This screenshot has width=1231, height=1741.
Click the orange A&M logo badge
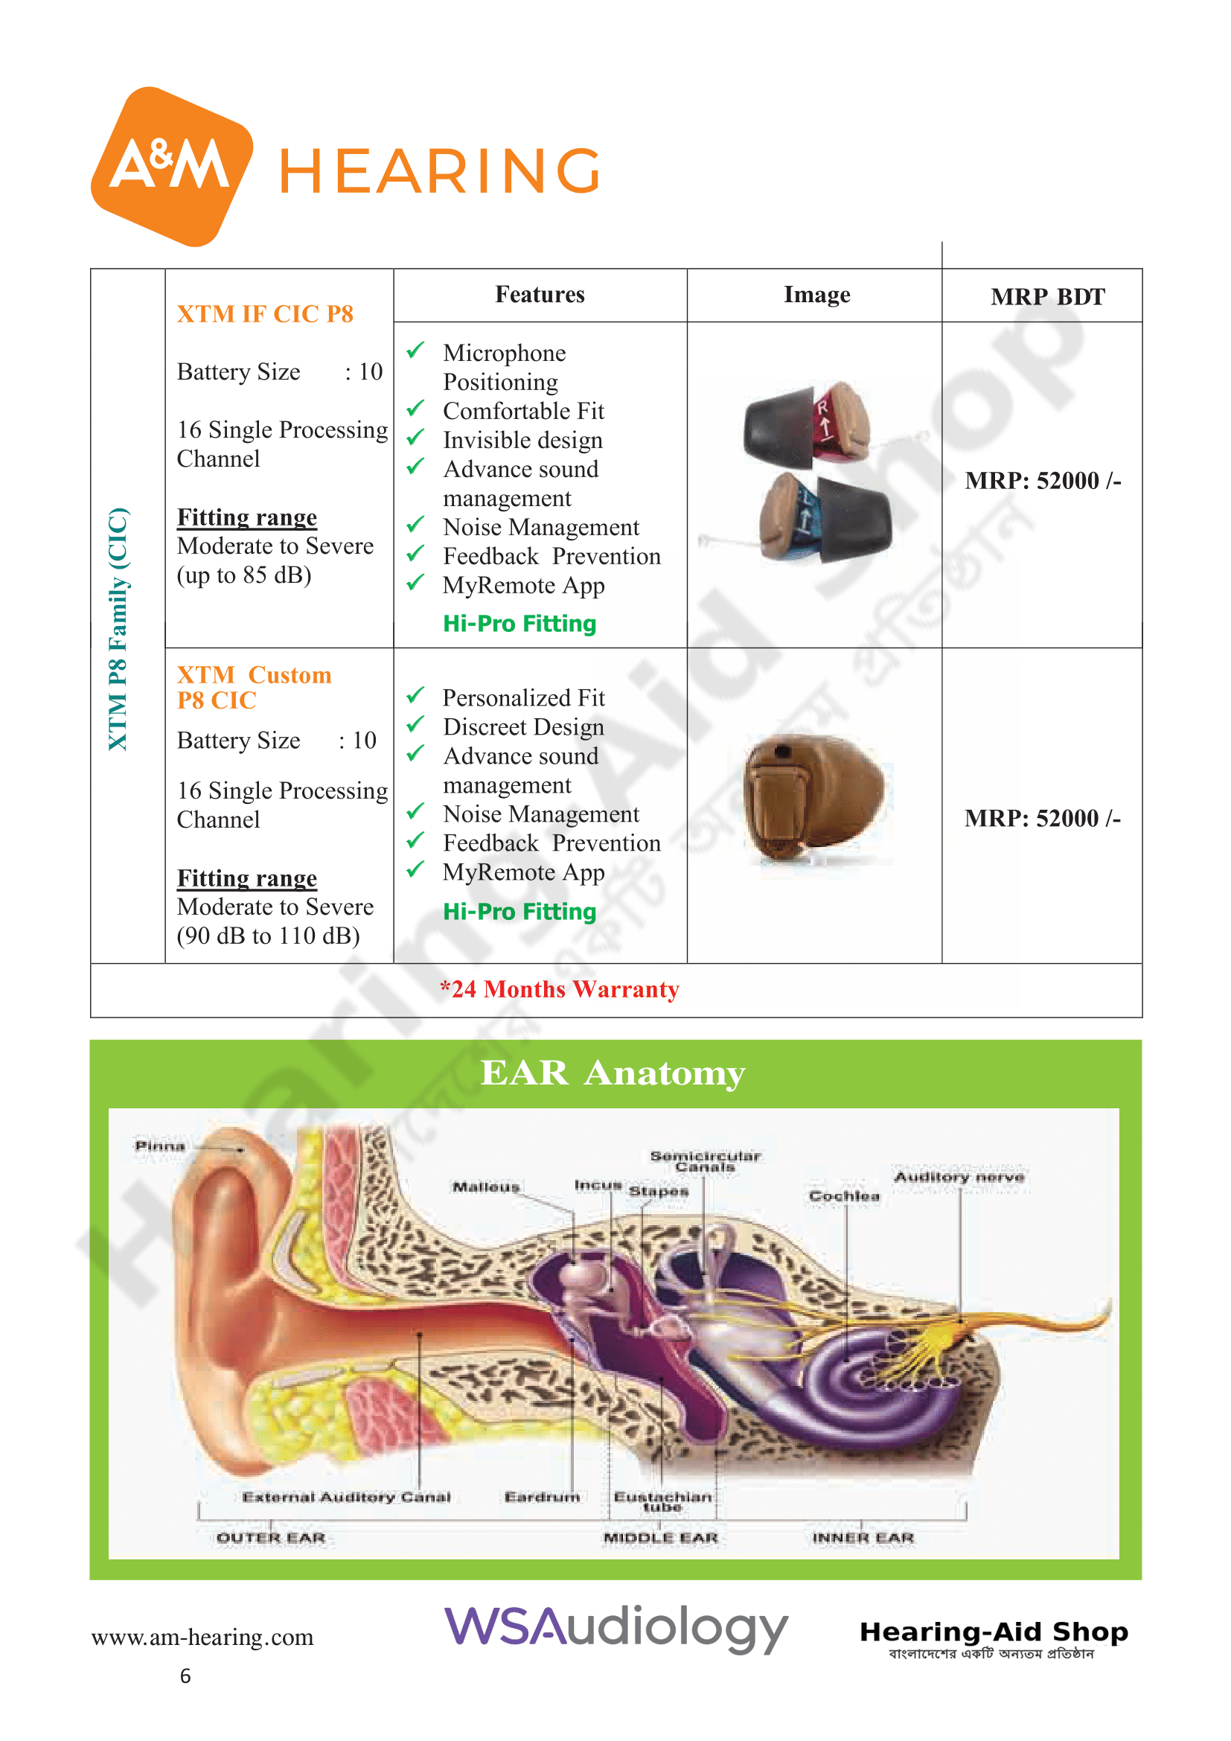171,166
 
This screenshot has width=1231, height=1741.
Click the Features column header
540,294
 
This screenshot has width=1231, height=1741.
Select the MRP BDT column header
1048,296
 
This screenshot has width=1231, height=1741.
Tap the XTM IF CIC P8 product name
264,314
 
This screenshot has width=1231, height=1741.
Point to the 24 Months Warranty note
560,988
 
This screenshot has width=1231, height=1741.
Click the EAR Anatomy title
613,1073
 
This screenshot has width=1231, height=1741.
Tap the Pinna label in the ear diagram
160,1145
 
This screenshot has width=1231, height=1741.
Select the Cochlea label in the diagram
845,1196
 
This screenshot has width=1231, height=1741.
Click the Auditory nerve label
959,1177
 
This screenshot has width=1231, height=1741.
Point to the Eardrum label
542,1497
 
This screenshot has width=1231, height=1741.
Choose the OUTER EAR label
271,1538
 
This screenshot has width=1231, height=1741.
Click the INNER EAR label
863,1538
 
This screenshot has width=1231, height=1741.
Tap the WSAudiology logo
615,1628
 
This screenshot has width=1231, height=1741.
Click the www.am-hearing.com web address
202,1637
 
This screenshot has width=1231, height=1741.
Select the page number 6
185,1675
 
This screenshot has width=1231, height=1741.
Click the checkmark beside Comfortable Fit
415,409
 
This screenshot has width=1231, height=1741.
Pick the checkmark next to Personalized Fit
415,695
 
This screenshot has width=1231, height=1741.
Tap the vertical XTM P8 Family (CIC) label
118,630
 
